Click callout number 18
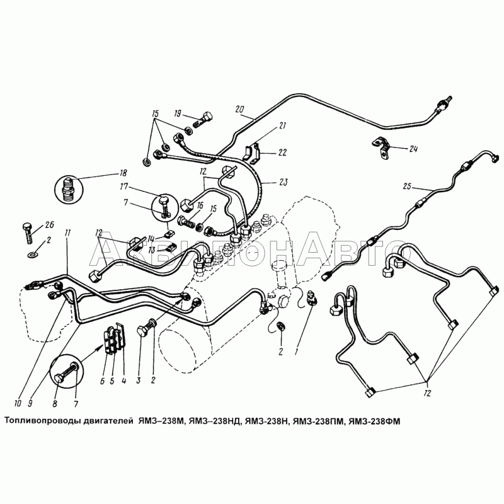tap(123, 173)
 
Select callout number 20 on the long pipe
tap(239, 109)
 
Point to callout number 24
tap(413, 149)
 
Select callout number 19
tap(178, 114)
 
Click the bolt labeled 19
tap(204, 118)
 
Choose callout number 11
tap(67, 234)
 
